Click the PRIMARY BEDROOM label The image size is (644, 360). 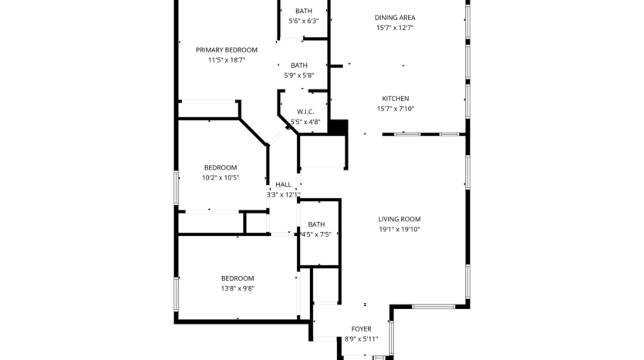coord(226,50)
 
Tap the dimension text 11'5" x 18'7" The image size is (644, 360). coord(226,60)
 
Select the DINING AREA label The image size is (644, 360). coord(395,18)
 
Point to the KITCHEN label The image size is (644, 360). coord(396,99)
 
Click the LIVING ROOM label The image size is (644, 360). coord(399,219)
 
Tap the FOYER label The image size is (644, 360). coord(362,329)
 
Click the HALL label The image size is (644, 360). coord(284,185)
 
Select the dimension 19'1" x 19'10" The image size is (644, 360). coord(399,229)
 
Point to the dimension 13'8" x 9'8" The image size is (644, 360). coord(238,288)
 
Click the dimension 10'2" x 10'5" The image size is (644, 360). coord(221,177)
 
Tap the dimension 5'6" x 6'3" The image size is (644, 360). coord(303,21)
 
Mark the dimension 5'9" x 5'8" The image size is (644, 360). coord(299,76)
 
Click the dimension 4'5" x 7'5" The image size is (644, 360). coord(315,234)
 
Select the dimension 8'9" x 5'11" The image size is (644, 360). coord(362,339)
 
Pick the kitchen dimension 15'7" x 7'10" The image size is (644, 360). coord(396,109)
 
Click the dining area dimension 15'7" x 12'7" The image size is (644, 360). coord(395,28)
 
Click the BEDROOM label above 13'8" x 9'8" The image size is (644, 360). coord(238,278)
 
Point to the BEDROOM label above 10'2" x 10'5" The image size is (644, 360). coord(221,167)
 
